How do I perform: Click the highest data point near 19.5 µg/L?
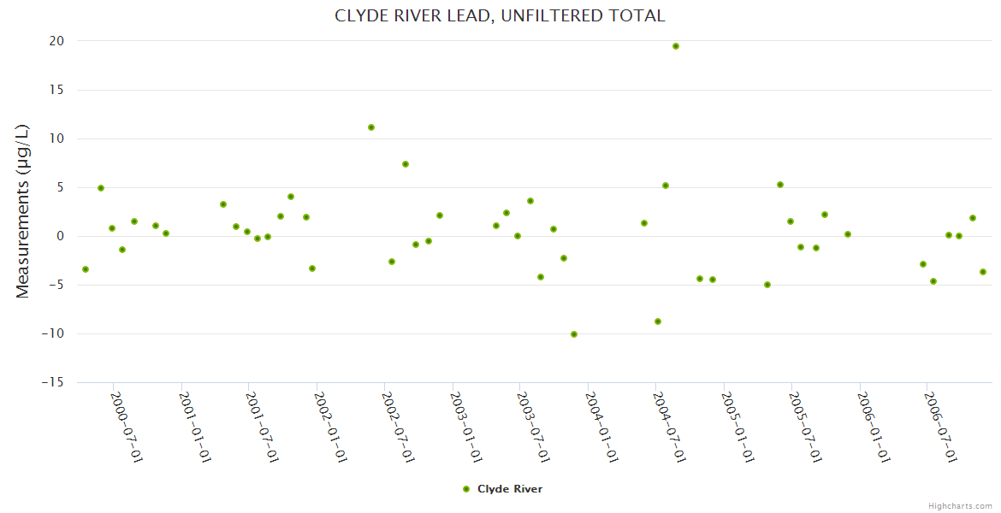[676, 46]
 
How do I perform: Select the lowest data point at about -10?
[574, 334]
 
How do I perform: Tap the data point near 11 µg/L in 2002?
[371, 127]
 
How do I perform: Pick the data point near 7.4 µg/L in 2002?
[406, 164]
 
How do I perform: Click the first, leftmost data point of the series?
[86, 269]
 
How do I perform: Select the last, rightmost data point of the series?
[983, 272]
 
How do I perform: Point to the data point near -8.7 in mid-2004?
[658, 321]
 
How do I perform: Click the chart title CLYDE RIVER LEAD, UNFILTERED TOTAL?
[500, 16]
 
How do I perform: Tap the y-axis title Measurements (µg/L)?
[23, 211]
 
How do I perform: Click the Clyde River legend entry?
[502, 489]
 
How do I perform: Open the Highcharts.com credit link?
[960, 505]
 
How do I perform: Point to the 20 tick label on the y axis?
[56, 41]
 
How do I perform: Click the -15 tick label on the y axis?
[53, 383]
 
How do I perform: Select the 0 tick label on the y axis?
[61, 237]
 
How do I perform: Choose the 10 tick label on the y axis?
[56, 139]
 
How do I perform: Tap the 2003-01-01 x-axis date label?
[466, 427]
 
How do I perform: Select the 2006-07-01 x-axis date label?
[941, 427]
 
